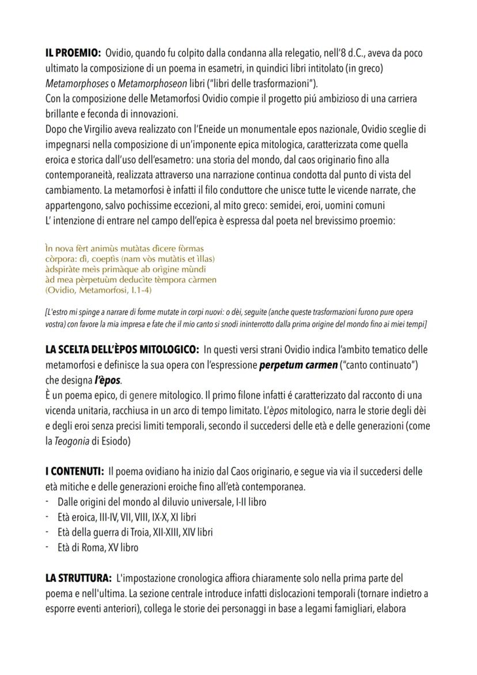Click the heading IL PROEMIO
click(x=73, y=54)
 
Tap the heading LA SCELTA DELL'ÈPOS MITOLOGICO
click(x=122, y=350)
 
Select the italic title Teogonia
click(x=77, y=441)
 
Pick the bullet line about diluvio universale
click(x=161, y=502)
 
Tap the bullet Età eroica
click(x=78, y=517)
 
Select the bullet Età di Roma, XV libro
click(x=98, y=547)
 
